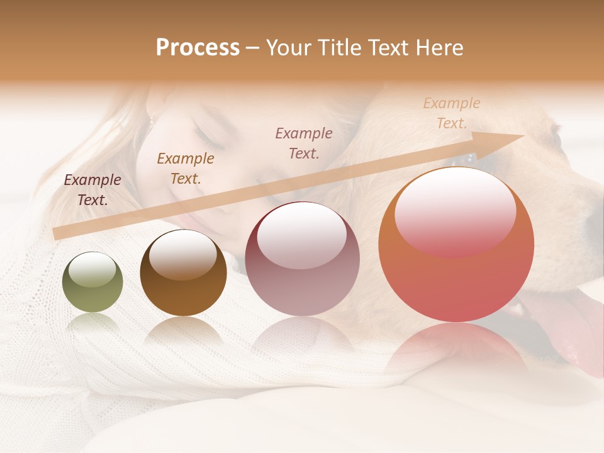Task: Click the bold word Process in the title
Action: (198, 48)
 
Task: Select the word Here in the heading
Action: (439, 48)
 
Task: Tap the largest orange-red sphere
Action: (456, 252)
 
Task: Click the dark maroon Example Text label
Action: (92, 190)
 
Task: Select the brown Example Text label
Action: (186, 169)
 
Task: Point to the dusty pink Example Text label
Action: (304, 143)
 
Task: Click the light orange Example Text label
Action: (451, 113)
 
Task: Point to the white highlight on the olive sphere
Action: (92, 270)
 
